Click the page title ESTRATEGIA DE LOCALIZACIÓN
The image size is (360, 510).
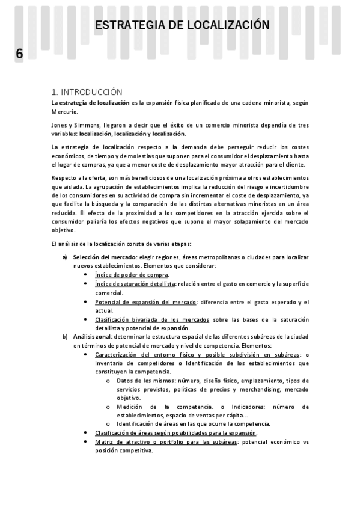182,25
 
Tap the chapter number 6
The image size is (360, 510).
19,54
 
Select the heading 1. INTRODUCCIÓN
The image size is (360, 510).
87,92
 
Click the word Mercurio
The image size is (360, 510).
68,112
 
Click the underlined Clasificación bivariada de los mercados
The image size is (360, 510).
152,319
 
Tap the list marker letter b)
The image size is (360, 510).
66,337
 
